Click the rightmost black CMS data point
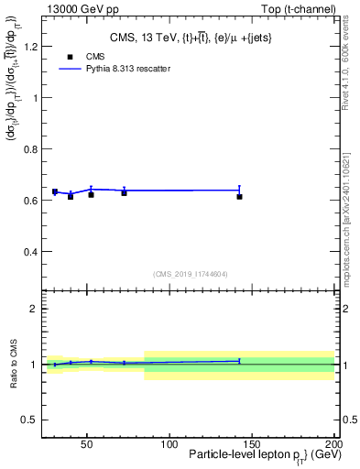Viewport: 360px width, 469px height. pyautogui.click(x=239, y=196)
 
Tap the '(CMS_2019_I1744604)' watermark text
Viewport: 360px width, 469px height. pyautogui.click(x=190, y=274)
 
